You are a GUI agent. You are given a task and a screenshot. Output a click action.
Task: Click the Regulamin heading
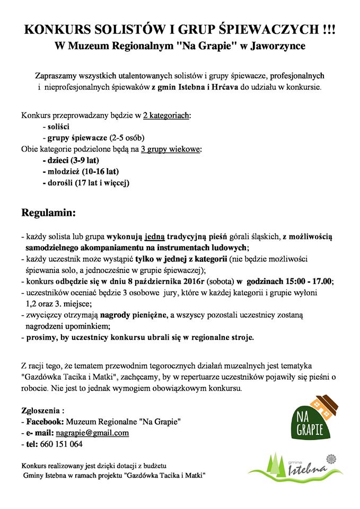(x=49, y=213)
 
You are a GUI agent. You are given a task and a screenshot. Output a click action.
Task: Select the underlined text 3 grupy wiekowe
(x=171, y=149)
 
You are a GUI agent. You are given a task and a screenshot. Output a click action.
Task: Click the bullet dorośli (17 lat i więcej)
(x=86, y=183)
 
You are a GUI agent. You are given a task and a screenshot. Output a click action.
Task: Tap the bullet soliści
(x=56, y=127)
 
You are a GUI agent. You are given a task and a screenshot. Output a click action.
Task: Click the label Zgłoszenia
(x=42, y=410)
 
